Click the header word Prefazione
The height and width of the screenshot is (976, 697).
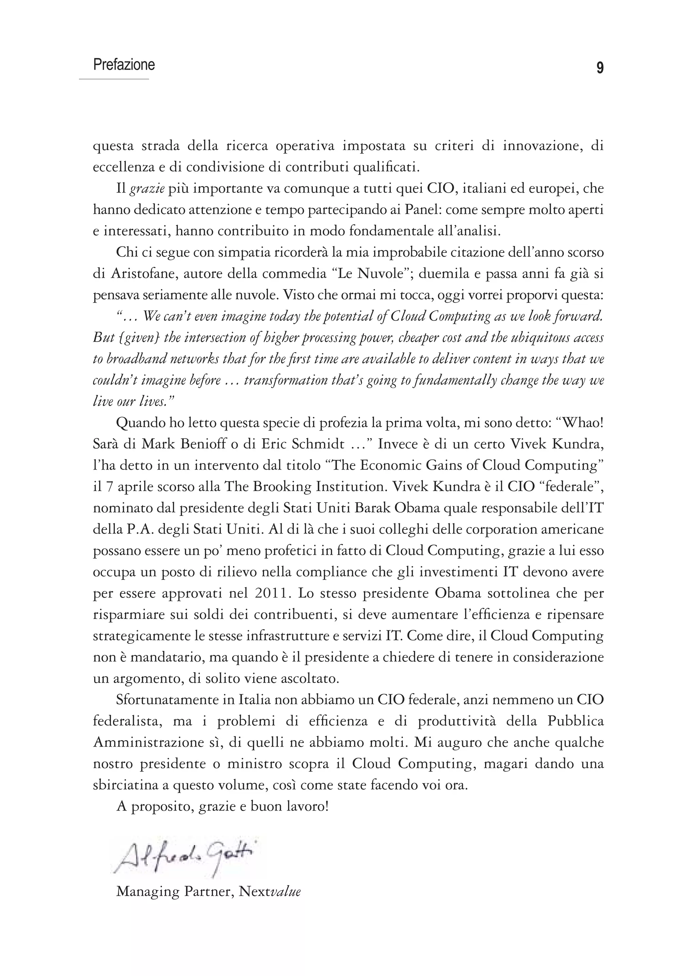point(124,65)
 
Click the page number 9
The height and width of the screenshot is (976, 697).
point(600,68)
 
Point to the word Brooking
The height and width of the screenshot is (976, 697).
point(282,487)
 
